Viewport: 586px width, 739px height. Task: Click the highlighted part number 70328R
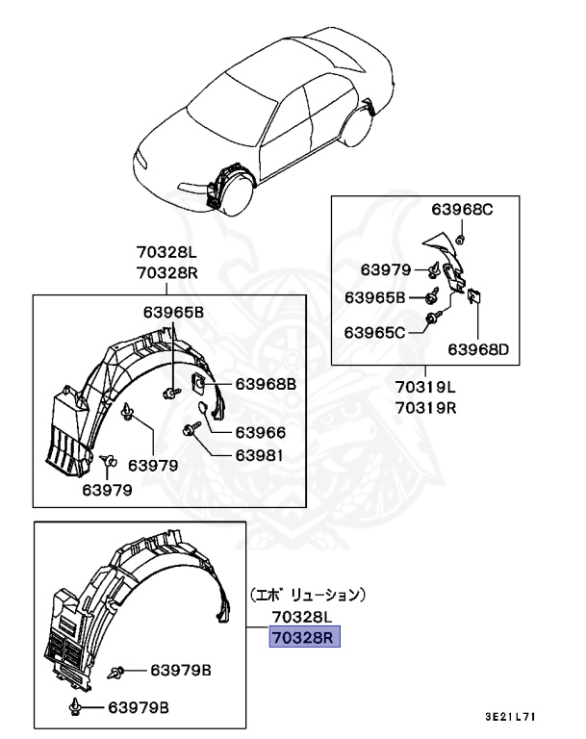pyautogui.click(x=305, y=637)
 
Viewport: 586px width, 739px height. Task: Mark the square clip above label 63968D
pyautogui.click(x=474, y=298)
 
